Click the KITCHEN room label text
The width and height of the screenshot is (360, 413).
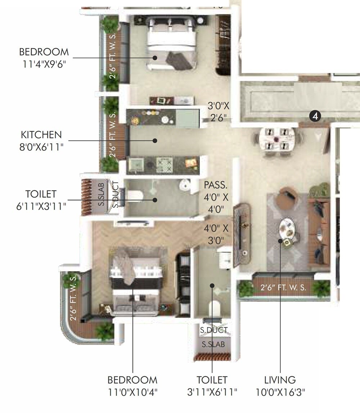pyautogui.click(x=41, y=135)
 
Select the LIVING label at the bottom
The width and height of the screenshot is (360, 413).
pyautogui.click(x=280, y=380)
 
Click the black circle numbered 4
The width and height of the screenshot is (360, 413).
pyautogui.click(x=315, y=116)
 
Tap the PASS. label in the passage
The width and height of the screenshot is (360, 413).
pyautogui.click(x=216, y=186)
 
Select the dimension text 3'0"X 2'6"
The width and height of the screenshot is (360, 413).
pyautogui.click(x=219, y=112)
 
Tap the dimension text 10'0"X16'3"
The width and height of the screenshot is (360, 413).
pyautogui.click(x=280, y=392)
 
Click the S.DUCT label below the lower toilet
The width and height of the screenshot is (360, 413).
pyautogui.click(x=214, y=330)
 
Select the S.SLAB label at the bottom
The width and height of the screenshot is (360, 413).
pyautogui.click(x=213, y=344)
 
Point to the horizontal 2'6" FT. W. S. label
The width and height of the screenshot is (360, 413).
pyautogui.click(x=283, y=288)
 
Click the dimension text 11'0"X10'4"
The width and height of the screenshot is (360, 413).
pyautogui.click(x=132, y=392)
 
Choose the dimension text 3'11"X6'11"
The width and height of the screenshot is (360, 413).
pyautogui.click(x=212, y=392)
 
